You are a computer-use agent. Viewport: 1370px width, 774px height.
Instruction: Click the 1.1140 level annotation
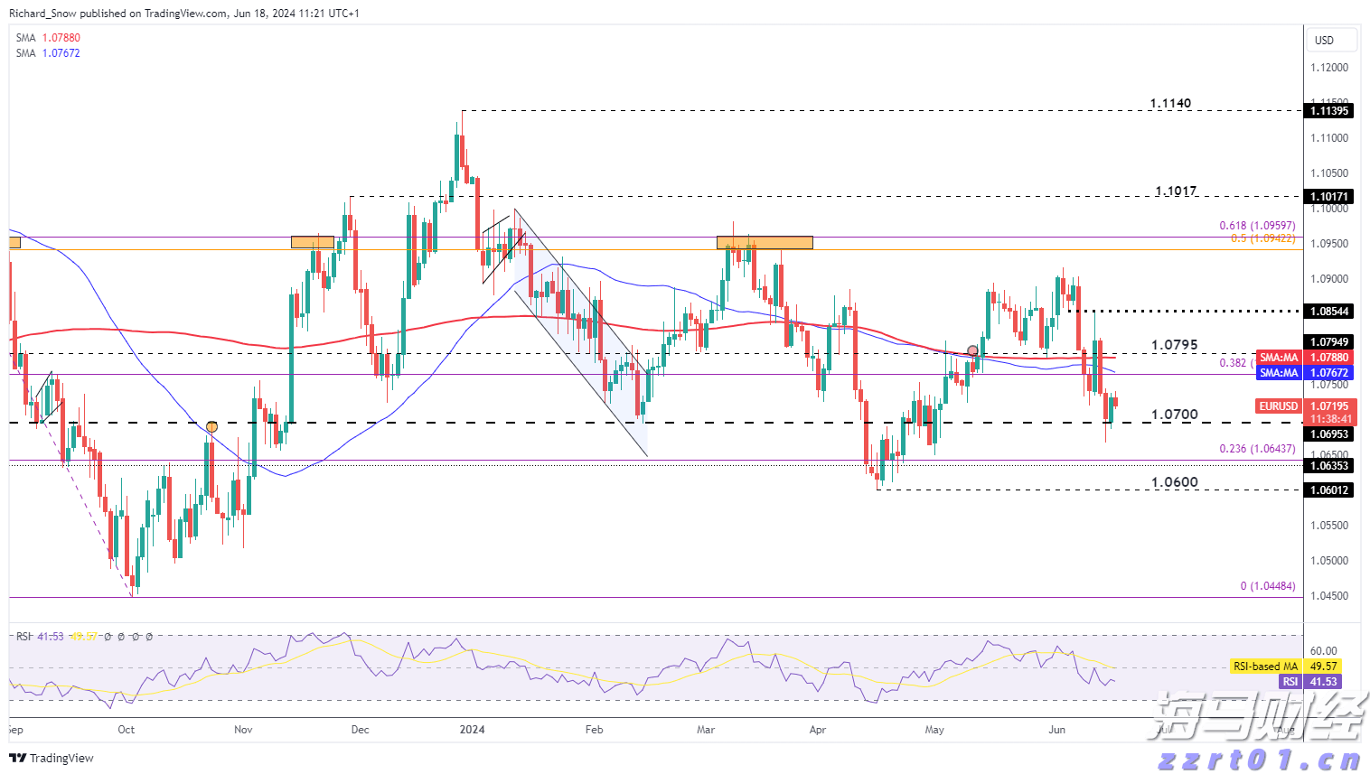(1170, 104)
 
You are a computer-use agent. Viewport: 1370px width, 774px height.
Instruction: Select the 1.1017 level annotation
(1176, 191)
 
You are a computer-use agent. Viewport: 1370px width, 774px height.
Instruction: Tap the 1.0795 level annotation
(1174, 345)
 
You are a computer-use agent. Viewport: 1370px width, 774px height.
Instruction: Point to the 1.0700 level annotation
(1174, 415)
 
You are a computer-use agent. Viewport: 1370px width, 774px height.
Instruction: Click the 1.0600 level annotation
(1174, 482)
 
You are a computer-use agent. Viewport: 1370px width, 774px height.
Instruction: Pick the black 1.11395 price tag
(1328, 111)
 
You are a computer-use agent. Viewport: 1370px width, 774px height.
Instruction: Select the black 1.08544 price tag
(1328, 312)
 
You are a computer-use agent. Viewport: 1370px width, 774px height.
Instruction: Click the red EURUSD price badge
(1279, 406)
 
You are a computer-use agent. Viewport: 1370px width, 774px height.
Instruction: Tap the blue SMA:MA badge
(1279, 373)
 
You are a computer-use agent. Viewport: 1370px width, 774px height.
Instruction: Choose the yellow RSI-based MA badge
(1265, 667)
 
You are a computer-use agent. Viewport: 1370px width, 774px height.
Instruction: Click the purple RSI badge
(1290, 682)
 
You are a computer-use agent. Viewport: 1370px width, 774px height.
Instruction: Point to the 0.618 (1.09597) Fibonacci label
(1257, 226)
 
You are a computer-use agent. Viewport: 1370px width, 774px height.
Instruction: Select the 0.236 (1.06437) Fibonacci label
(1257, 449)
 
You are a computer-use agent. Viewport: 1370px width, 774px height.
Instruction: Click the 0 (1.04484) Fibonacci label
(1267, 586)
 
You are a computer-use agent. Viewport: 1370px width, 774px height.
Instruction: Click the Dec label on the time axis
(360, 730)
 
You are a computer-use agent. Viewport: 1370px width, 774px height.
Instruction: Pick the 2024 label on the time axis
(472, 730)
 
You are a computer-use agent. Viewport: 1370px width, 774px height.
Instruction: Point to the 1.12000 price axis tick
(1328, 68)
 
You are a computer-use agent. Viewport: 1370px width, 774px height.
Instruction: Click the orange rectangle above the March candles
(765, 242)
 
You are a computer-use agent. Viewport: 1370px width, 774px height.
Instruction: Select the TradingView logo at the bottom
(52, 758)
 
